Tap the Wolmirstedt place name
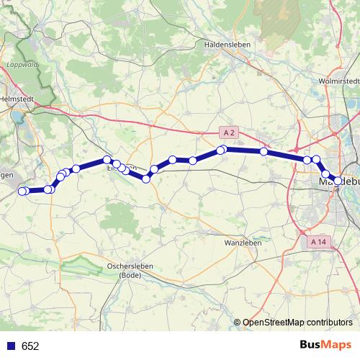(338, 80)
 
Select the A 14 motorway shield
(319, 242)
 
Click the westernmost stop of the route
(22, 191)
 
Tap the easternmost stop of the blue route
(338, 181)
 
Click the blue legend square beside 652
(11, 346)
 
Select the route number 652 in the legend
(30, 346)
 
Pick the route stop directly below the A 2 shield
(223, 149)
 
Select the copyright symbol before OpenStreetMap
(238, 322)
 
